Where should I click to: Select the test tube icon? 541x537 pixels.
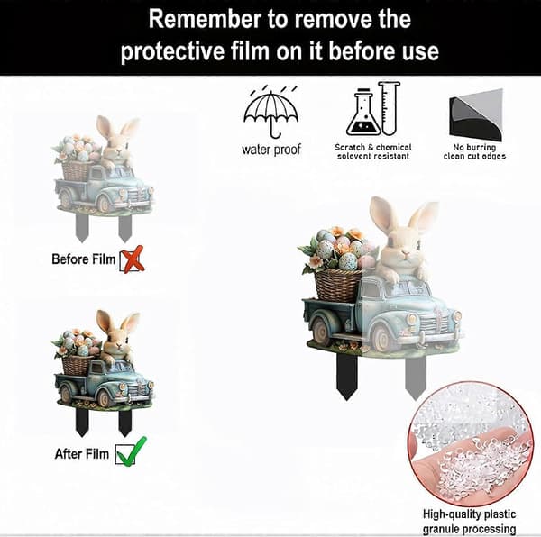coord(389,108)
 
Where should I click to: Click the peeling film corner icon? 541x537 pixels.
coord(476,115)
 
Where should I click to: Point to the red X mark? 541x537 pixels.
coord(133,259)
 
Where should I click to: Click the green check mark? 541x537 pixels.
coord(131,451)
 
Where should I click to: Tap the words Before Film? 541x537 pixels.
coord(83,259)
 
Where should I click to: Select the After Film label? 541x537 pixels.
coord(82,453)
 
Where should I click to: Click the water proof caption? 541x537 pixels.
coord(271,150)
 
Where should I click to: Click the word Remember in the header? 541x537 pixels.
coord(205,19)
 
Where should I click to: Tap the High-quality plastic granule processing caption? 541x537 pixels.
coord(469,522)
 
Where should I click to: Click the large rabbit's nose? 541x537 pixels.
coord(406,254)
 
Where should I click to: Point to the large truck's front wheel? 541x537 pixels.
coord(382,338)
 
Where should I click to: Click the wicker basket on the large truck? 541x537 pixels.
coord(338,285)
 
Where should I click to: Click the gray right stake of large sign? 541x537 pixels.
coord(416,378)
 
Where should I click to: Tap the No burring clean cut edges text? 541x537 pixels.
coord(474,151)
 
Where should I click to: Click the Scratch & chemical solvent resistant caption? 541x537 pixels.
coord(373,151)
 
